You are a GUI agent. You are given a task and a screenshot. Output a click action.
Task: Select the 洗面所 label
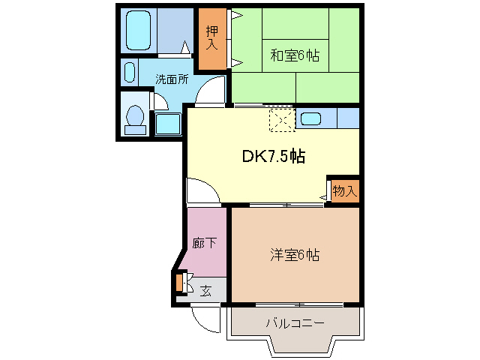click(172, 78)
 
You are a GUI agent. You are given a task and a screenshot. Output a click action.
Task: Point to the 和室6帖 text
click(295, 54)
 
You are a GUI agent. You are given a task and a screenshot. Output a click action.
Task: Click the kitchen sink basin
click(310, 118)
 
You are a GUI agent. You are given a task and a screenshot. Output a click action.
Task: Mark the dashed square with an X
click(282, 119)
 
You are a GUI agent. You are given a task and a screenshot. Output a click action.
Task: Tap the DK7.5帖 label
click(273, 156)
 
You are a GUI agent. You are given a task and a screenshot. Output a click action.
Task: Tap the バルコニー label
click(295, 323)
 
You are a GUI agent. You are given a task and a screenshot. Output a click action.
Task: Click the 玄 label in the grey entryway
click(205, 290)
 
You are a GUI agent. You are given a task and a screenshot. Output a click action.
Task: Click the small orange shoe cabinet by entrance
click(179, 283)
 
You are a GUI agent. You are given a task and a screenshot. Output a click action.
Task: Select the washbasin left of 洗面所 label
click(129, 73)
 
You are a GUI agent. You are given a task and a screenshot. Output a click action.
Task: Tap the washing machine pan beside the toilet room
click(168, 123)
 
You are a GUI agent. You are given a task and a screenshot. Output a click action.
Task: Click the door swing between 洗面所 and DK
click(212, 92)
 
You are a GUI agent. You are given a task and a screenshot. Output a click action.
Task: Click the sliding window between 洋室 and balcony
click(299, 304)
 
